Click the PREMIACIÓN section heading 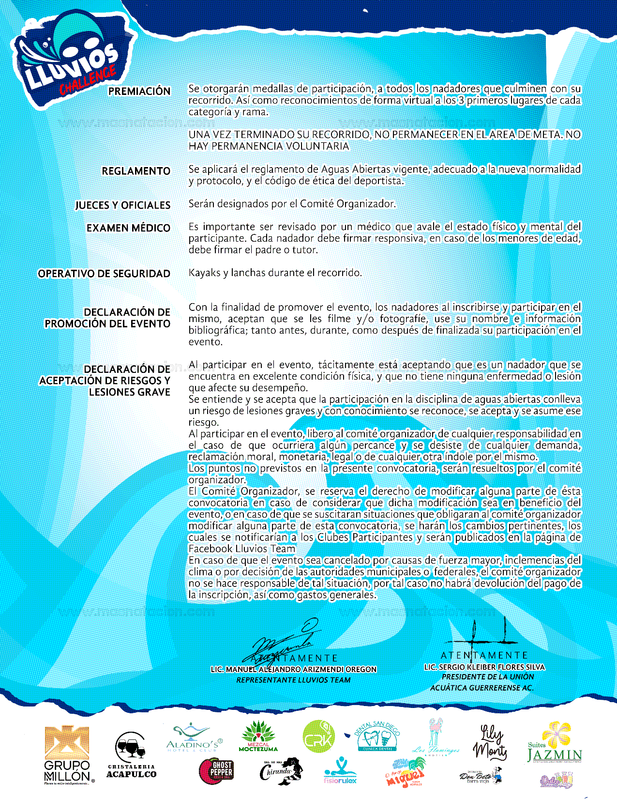pyautogui.click(x=139, y=91)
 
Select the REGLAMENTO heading pyautogui.click(x=136, y=171)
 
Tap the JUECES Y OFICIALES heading pyautogui.click(x=123, y=205)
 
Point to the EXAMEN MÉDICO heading pyautogui.click(x=128, y=228)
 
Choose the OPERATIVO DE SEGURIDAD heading pyautogui.click(x=104, y=274)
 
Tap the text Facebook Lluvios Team pyautogui.click(x=241, y=549)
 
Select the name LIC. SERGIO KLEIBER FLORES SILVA pyautogui.click(x=484, y=667)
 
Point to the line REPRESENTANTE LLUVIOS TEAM pyautogui.click(x=293, y=680)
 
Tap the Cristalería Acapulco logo pyautogui.click(x=131, y=755)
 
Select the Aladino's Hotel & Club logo pyautogui.click(x=194, y=738)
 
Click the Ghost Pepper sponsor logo pyautogui.click(x=216, y=771)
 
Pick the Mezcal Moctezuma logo pyautogui.click(x=259, y=737)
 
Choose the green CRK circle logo pyautogui.click(x=318, y=737)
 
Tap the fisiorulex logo pyautogui.click(x=340, y=770)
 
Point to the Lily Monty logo pyautogui.click(x=491, y=741)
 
